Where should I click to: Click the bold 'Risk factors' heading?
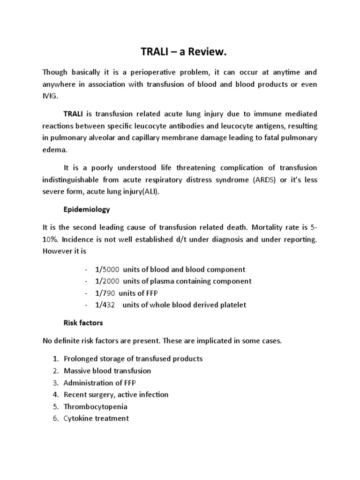83,322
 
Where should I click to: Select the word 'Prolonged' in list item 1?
80,359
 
